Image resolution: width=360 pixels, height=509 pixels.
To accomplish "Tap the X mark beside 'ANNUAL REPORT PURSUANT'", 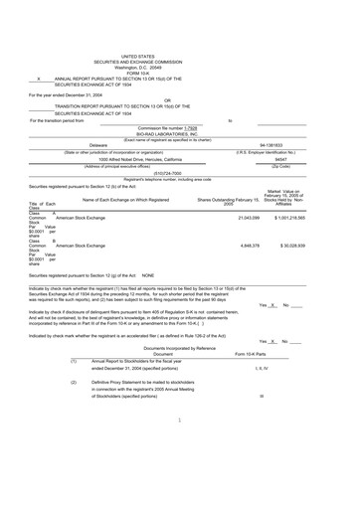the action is pos(38,79).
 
